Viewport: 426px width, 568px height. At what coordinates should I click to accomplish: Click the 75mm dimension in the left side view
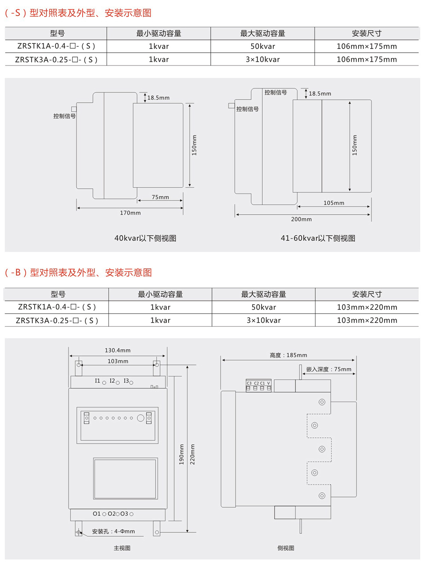click(x=160, y=197)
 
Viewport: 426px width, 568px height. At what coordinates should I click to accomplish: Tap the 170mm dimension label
click(x=130, y=213)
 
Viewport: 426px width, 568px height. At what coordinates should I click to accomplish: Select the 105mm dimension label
click(x=334, y=203)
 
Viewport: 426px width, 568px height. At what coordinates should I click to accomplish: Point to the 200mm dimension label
click(x=301, y=219)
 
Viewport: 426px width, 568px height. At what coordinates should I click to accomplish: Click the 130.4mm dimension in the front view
click(x=118, y=350)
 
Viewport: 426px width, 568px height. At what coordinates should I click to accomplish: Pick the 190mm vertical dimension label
click(x=181, y=454)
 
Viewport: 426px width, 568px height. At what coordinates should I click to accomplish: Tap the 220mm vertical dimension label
click(x=192, y=454)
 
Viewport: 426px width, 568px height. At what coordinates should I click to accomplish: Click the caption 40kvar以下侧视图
click(x=145, y=238)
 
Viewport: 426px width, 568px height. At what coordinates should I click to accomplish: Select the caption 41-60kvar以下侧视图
click(x=318, y=238)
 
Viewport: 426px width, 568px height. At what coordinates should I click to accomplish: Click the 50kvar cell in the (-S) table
click(x=263, y=46)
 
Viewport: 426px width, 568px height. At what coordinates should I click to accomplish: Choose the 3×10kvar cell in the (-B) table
click(x=264, y=320)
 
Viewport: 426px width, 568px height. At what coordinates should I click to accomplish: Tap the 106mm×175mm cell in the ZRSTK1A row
click(x=367, y=46)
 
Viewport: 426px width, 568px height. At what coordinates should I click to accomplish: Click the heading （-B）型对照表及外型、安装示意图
click(x=78, y=272)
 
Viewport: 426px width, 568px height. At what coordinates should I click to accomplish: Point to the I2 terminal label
click(x=112, y=381)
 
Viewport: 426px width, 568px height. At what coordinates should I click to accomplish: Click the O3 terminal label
click(x=124, y=514)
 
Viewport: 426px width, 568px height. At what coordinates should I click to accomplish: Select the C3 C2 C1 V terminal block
click(x=258, y=385)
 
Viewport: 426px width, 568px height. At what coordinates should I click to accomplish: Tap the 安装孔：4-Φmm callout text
click(x=114, y=531)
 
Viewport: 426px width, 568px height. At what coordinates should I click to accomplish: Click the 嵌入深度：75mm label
click(x=329, y=369)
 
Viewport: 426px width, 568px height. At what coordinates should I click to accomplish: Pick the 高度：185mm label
click(x=289, y=355)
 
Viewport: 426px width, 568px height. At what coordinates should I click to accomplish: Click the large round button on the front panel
click(x=141, y=418)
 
